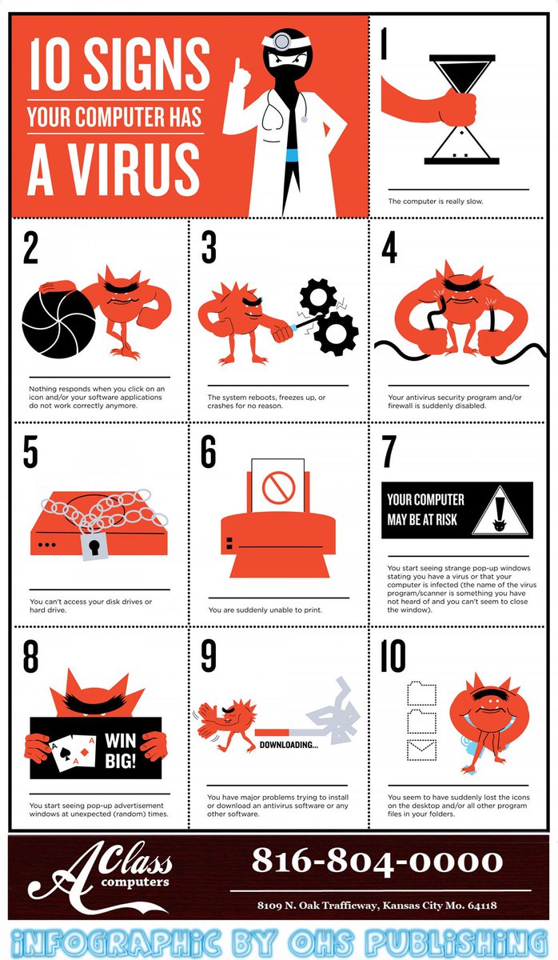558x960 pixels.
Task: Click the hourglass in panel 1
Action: point(461,110)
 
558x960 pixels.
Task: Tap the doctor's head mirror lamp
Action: point(281,41)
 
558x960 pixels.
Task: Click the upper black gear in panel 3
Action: point(318,298)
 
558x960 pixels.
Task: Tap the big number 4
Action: point(389,247)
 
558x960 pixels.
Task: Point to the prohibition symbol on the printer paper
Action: point(279,488)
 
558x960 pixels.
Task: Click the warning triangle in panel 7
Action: point(500,510)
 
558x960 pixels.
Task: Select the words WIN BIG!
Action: point(121,750)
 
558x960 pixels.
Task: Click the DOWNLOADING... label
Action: point(289,745)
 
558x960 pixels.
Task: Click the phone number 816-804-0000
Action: point(377,860)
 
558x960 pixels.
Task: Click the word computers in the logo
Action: point(135,882)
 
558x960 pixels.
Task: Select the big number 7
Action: point(389,451)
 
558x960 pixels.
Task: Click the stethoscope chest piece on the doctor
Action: point(304,119)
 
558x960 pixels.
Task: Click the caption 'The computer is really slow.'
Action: point(436,201)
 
